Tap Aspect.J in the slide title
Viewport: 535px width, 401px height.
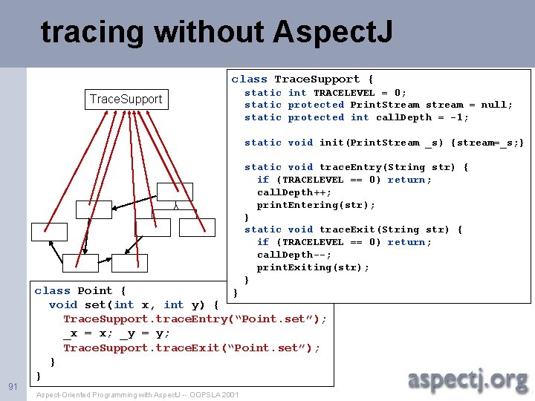[x=333, y=33]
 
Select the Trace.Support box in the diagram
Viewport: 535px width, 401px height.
[x=126, y=99]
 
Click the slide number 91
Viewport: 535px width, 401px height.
[x=13, y=386]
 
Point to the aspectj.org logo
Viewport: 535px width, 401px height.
[x=467, y=379]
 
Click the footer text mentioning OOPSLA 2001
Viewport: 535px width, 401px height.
[x=137, y=394]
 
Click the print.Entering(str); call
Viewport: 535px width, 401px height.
[x=316, y=205]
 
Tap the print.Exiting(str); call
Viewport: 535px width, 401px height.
[x=313, y=267]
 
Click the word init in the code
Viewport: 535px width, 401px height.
[x=331, y=143]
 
